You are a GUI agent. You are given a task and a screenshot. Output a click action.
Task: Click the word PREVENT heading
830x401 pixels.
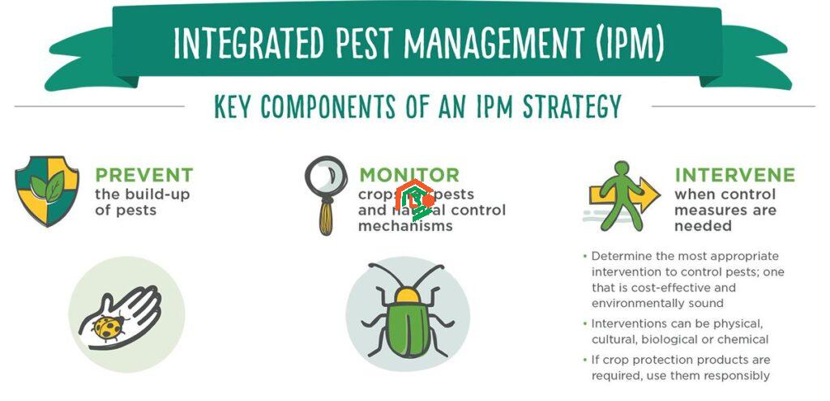click(143, 175)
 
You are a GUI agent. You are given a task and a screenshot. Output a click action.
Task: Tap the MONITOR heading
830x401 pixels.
click(409, 175)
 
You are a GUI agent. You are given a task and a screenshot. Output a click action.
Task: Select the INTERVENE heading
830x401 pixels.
click(734, 175)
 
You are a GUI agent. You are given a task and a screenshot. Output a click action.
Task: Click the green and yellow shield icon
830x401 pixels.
click(47, 191)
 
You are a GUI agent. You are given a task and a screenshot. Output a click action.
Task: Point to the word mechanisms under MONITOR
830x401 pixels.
click(405, 226)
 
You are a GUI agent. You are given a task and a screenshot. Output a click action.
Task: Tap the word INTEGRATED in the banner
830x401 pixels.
click(240, 44)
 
